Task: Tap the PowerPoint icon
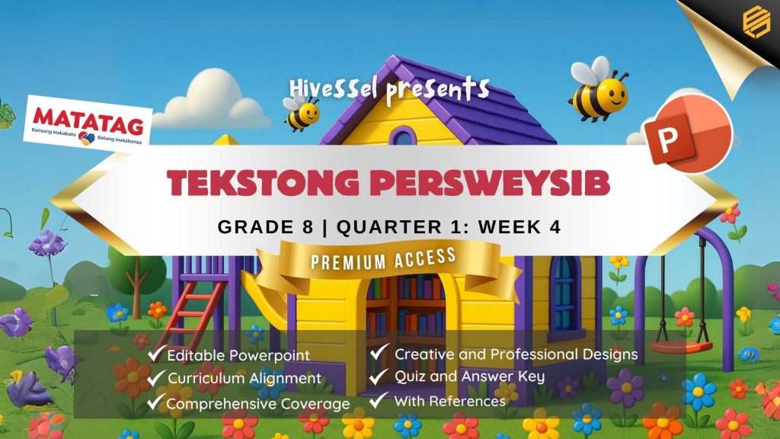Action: pos(687,133)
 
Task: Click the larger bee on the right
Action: pos(599,90)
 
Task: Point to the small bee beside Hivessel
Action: pos(302,111)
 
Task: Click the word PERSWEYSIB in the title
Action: pos(490,183)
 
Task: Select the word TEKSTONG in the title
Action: pos(263,183)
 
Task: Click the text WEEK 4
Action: pos(519,227)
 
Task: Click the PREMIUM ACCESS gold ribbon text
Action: pos(384,259)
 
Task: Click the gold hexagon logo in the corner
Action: pos(756,21)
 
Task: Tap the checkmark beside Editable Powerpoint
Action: pos(155,353)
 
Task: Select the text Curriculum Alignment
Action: pos(245,378)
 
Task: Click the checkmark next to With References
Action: pos(379,399)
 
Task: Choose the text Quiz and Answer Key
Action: pos(469,377)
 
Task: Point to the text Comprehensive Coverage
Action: pos(258,404)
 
